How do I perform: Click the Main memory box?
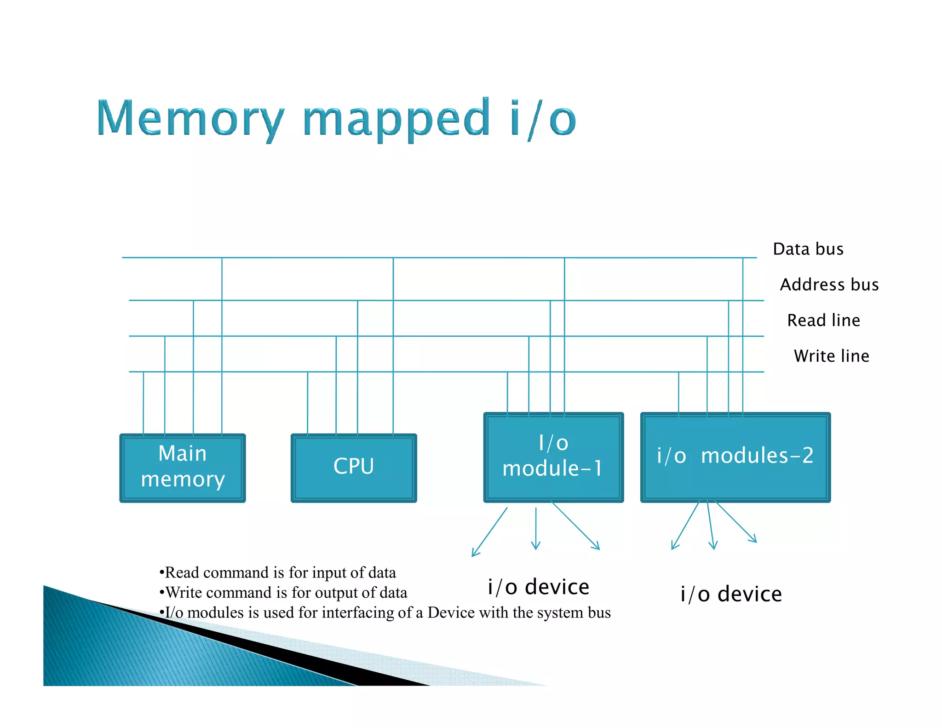coord(183,468)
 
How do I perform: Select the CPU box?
coord(353,468)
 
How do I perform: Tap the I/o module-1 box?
coord(553,457)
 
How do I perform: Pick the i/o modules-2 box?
coord(735,457)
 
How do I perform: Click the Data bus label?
coord(808,249)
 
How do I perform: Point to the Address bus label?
coord(829,284)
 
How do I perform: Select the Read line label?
coord(823,320)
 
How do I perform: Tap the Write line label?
coord(831,356)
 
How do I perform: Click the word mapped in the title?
coord(396,121)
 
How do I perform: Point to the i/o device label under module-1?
coord(538,587)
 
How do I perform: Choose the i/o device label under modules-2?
coord(731,594)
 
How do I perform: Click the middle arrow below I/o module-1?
coord(535,529)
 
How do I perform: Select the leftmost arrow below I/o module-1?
coord(489,533)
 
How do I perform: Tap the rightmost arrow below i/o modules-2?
coord(736,522)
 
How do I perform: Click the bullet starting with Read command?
coord(277,572)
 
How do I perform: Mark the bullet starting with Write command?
coord(283,592)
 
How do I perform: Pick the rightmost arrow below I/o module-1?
coord(576,526)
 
